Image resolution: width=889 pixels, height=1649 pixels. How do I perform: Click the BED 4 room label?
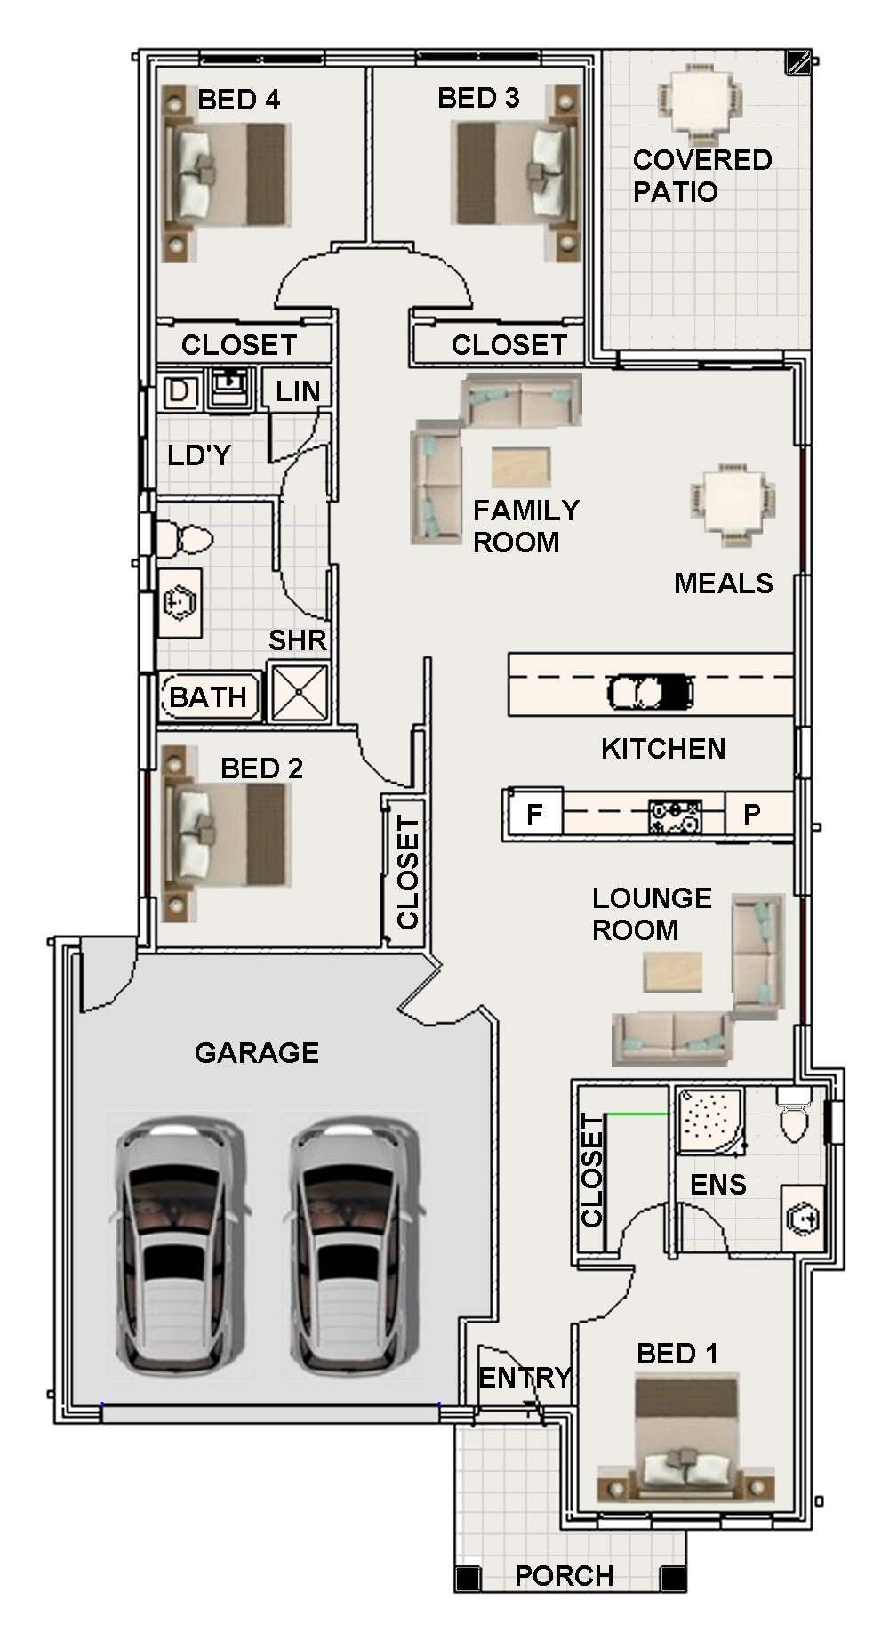pos(238,100)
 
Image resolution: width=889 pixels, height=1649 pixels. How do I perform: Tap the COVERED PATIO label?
pos(701,175)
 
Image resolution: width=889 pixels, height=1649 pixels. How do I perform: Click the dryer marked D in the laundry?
pos(179,391)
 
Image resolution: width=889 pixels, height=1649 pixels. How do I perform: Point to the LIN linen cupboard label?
pos(298,390)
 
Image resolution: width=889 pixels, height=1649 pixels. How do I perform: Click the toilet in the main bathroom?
pos(184,538)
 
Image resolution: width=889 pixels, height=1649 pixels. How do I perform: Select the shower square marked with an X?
pos(299,691)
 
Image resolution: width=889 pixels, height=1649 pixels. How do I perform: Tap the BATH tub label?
pos(208,697)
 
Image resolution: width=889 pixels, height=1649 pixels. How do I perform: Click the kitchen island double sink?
pos(650,691)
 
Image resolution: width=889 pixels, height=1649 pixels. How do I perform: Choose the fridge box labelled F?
pos(534,814)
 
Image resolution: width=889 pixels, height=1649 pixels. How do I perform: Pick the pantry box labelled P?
pos(752,814)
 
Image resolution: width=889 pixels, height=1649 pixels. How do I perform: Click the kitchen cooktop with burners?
pos(675,816)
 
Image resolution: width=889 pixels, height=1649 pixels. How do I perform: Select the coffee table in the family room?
pos(520,467)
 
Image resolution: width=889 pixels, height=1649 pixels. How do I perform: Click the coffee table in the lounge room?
pos(673,972)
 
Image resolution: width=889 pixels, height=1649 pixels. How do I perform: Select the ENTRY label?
pos(525,1378)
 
